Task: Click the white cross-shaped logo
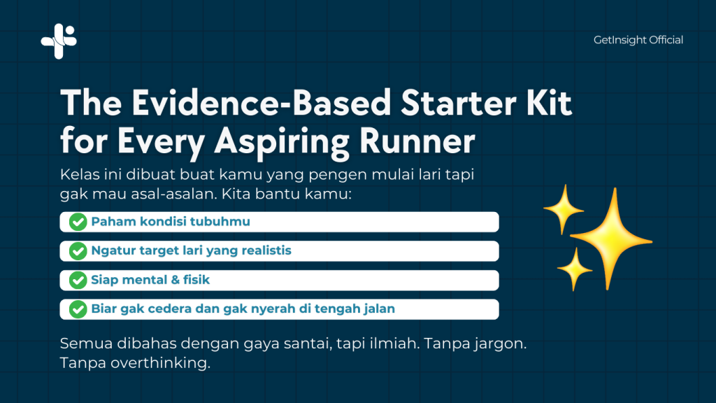point(59,41)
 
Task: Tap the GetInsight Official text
point(638,40)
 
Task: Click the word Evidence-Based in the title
point(262,104)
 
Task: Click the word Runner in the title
point(417,141)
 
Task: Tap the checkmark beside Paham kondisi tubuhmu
point(78,222)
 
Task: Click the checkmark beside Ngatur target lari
point(78,251)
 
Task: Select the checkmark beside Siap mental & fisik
point(78,281)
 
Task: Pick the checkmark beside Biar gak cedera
point(78,309)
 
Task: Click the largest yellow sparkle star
point(612,239)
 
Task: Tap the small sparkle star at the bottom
point(575,269)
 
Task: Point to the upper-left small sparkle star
point(564,209)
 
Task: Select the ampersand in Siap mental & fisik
point(174,280)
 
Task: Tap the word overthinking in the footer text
point(160,363)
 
